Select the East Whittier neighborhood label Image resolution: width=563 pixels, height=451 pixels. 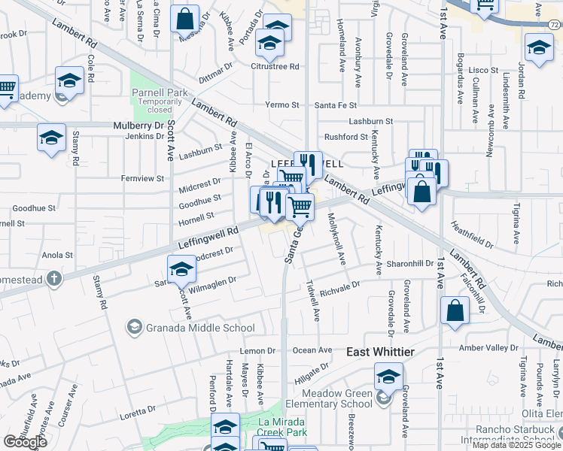(381, 352)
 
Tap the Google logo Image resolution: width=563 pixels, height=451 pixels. (25, 442)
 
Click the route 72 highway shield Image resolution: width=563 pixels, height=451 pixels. (554, 25)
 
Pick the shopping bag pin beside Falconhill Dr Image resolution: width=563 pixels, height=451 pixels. (455, 310)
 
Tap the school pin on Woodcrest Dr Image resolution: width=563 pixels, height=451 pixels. (181, 270)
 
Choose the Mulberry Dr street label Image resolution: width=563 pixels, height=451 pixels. (138, 126)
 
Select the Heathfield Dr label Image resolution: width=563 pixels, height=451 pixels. (472, 235)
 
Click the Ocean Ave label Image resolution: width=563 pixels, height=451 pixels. (312, 350)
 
